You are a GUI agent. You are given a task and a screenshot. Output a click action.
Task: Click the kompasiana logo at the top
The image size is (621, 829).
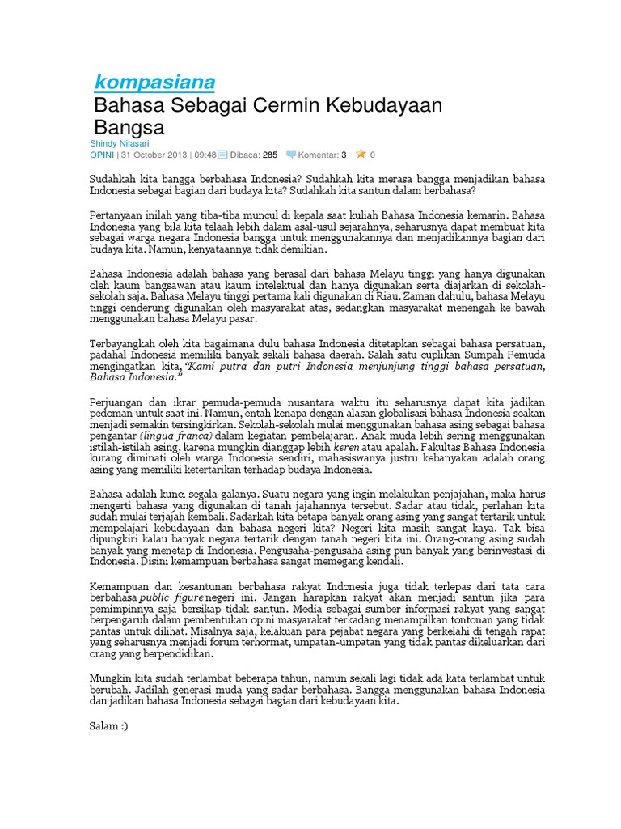click(x=154, y=82)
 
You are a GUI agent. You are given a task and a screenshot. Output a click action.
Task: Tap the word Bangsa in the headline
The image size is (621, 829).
click(x=129, y=128)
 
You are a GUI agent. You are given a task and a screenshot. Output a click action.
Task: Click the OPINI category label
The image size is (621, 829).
click(x=101, y=155)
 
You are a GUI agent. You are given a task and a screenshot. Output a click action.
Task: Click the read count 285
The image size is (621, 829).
click(x=270, y=155)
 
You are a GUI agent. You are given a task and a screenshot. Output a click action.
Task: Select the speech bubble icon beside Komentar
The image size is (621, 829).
click(x=291, y=155)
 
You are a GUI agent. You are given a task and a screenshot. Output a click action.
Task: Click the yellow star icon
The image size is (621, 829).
click(x=361, y=154)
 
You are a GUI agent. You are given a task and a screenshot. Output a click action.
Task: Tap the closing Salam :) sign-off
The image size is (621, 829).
click(x=108, y=725)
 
